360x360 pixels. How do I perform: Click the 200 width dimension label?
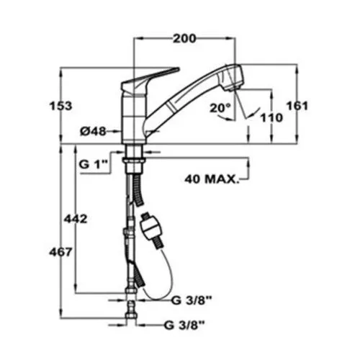(x=184, y=38)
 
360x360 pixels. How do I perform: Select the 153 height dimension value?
(x=60, y=106)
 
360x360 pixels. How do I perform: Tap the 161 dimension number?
(x=297, y=106)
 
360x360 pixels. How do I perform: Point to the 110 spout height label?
(x=272, y=117)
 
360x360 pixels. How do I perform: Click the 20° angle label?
(x=220, y=108)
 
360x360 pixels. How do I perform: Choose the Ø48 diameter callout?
(x=93, y=131)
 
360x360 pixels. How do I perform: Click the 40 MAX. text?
(x=212, y=179)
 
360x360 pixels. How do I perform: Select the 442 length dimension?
(x=76, y=219)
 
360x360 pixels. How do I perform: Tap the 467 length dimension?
(x=60, y=252)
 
